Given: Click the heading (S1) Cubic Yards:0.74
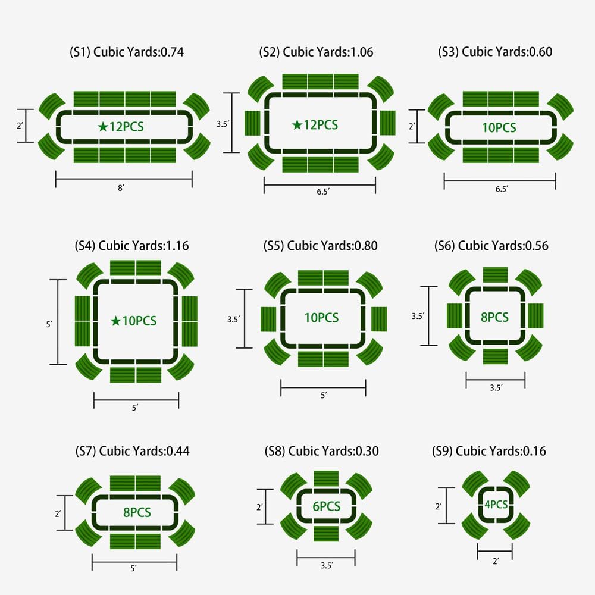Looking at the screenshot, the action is coord(127,52).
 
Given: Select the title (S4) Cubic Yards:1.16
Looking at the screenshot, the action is coord(131,246).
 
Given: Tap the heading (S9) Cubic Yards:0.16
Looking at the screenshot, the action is coord(489,451).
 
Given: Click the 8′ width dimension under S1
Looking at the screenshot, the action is coord(121,188).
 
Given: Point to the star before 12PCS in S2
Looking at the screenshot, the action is coord(297,124).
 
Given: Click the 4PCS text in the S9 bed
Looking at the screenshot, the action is coord(496,505).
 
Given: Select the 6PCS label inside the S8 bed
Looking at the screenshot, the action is coord(326,506).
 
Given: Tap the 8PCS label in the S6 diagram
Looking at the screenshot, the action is coord(494,317).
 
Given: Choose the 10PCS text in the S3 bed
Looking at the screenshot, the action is coord(499,127).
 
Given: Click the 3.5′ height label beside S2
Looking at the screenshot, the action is coord(223,124).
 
